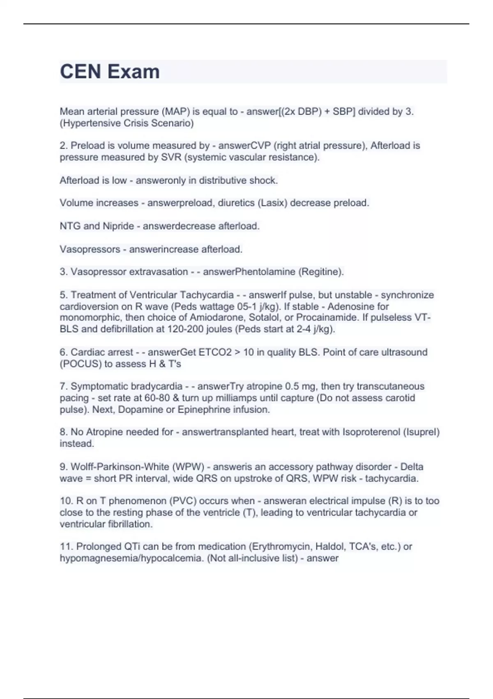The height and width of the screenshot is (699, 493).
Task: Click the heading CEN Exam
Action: point(110,72)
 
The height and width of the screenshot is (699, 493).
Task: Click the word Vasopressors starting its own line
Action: point(90,249)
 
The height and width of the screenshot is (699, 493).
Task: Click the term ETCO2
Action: point(215,352)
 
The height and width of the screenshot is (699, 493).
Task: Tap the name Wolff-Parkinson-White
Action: point(120,467)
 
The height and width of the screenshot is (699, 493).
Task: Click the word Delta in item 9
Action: point(412,467)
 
